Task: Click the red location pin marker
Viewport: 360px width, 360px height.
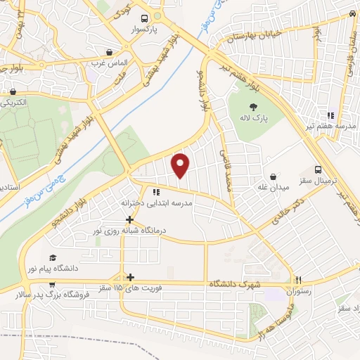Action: (x=181, y=165)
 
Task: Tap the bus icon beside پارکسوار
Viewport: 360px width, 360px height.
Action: (x=144, y=19)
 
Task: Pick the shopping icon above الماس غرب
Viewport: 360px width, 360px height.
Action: (x=109, y=51)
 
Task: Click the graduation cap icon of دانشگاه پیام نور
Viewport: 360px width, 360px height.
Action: (x=53, y=257)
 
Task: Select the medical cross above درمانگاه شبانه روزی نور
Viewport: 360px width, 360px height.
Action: (x=129, y=219)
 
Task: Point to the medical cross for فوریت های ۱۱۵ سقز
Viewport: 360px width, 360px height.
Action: (x=129, y=277)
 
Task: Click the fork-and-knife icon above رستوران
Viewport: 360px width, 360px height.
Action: (x=298, y=279)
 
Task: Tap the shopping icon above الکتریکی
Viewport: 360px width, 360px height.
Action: (x=13, y=91)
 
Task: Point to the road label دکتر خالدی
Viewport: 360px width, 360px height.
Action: (x=290, y=211)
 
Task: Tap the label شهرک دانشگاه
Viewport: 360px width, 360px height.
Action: (x=236, y=283)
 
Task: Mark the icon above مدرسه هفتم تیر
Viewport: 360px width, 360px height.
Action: (x=330, y=115)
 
